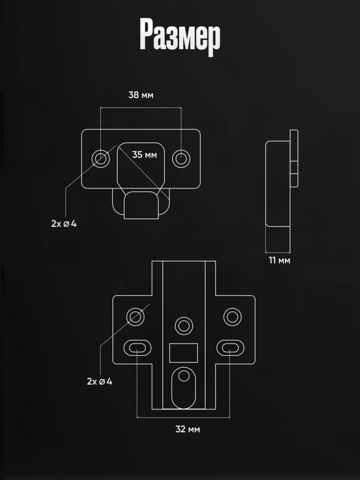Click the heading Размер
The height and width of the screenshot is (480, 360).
point(180,37)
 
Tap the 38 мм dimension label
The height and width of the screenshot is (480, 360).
point(141,95)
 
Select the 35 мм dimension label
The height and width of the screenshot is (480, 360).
point(144,155)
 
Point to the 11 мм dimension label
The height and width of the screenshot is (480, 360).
point(279,261)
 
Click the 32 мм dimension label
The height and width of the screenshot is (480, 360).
point(187,429)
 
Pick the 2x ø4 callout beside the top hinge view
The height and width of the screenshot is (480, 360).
point(64,224)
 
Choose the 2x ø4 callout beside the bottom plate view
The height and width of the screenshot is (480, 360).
point(99,382)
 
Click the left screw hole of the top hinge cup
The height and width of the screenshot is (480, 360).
point(101,158)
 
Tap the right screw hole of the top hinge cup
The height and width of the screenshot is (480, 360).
point(181,158)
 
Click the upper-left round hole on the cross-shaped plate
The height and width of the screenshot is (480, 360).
point(135,317)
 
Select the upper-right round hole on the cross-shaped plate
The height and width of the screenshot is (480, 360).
point(232,317)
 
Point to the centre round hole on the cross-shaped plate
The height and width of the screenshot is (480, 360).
point(184,326)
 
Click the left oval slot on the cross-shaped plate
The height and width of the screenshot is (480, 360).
point(137,348)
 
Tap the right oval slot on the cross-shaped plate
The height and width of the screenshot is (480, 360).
point(230,348)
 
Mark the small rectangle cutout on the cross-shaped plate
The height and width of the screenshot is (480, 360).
point(183,353)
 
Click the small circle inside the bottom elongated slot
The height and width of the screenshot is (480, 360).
point(184,375)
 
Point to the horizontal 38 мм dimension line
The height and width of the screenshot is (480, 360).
point(141,107)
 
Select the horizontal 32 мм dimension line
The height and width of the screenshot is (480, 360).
point(183,417)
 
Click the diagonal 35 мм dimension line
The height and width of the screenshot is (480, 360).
point(144,173)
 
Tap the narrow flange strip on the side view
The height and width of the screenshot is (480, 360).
point(294,158)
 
